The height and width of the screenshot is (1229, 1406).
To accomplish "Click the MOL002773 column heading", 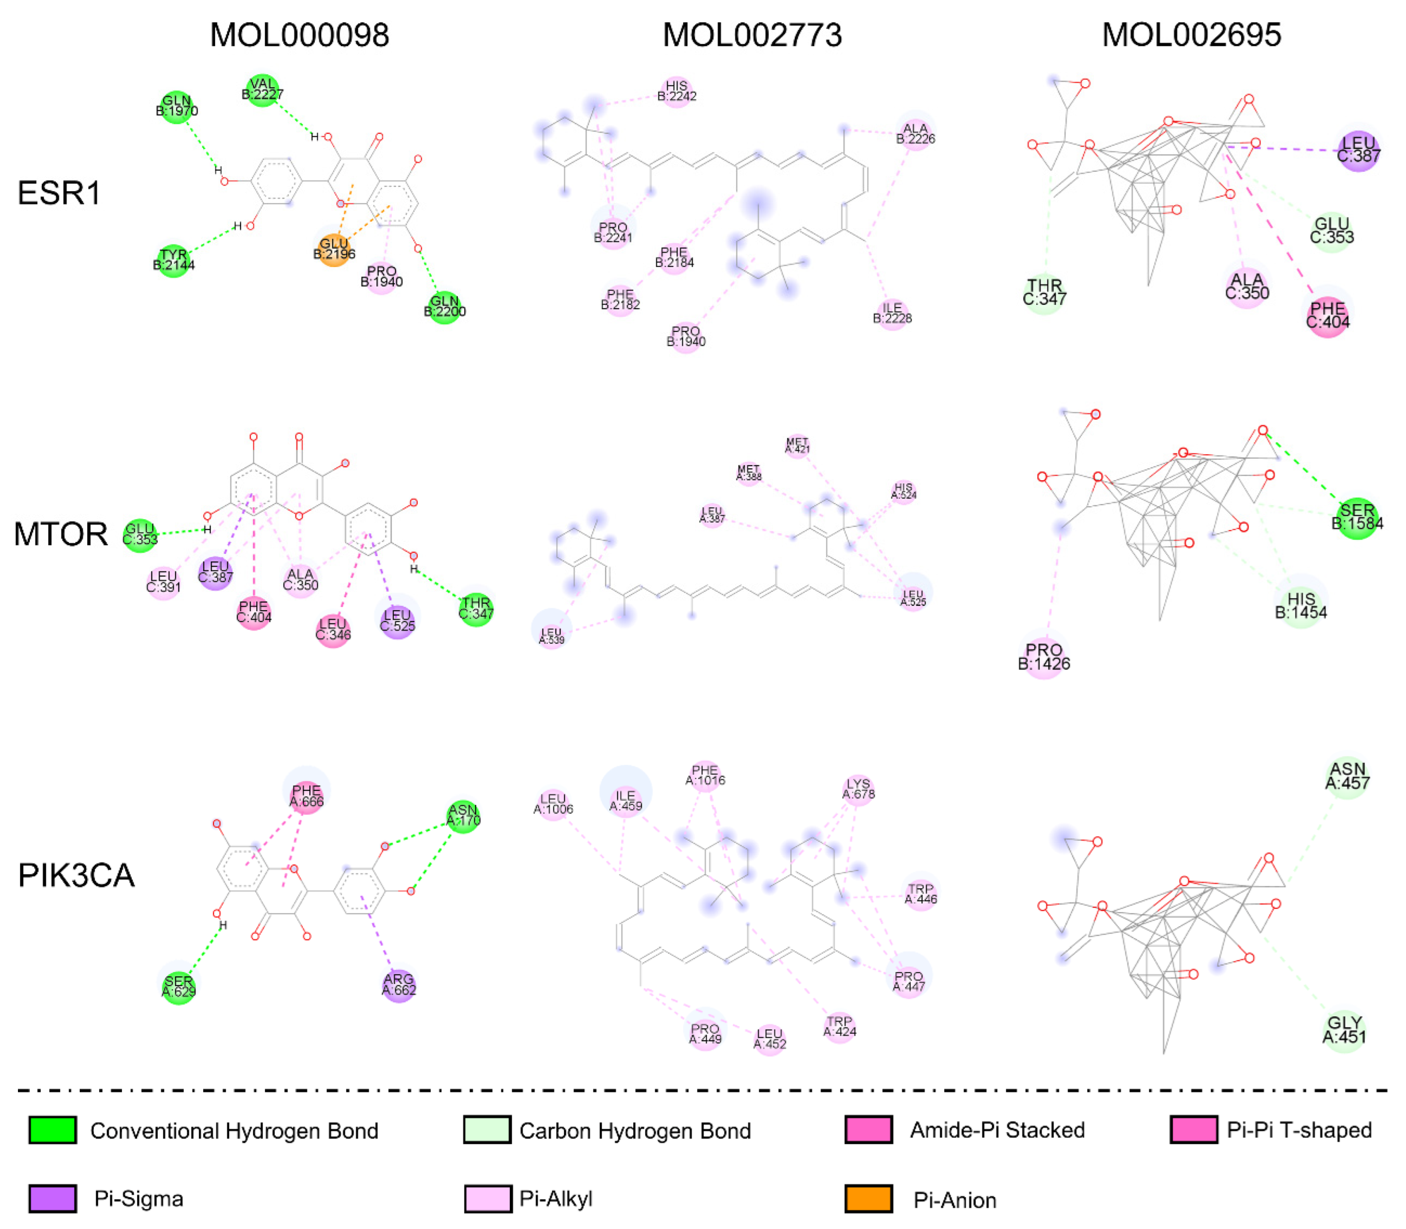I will coord(752,35).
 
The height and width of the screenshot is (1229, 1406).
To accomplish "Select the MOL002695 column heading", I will coord(1191,35).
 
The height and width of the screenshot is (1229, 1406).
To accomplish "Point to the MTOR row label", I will coord(60,534).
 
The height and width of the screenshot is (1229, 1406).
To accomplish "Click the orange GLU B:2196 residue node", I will coord(334,249).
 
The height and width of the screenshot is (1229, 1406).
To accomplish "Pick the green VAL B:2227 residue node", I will coord(262,89).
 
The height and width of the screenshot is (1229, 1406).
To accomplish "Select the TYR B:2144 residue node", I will coord(173,260).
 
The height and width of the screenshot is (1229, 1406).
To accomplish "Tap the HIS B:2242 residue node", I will coord(676,91).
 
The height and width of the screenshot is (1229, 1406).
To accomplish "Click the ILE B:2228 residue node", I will coord(892,313).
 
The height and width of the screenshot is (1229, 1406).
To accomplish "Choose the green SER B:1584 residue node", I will coord(1356,518).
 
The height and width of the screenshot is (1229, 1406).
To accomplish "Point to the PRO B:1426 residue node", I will coord(1043,656).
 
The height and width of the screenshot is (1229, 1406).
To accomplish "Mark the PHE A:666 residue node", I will coord(306,796).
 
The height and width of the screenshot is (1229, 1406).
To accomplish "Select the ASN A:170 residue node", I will coord(463,816).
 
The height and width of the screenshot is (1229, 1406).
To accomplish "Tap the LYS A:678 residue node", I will coord(858,790).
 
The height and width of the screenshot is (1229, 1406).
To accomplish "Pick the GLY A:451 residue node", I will coord(1344,1030).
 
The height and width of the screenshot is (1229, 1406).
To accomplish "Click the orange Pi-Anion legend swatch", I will coord(868,1199).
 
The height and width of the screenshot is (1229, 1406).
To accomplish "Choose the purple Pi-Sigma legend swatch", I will coord(52,1199).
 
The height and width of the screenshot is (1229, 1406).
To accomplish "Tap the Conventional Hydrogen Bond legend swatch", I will coord(52,1130).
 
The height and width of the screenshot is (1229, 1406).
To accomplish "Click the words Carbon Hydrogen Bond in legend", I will coord(634,1131).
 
